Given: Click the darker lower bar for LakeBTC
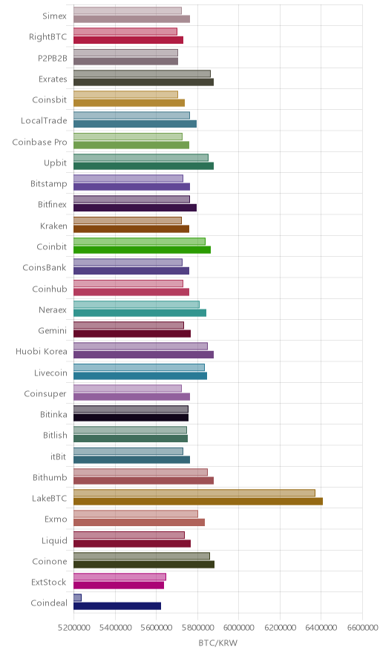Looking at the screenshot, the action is point(198,501).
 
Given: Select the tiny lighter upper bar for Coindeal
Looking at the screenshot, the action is point(77,597).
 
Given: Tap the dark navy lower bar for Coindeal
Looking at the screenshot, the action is point(117,606).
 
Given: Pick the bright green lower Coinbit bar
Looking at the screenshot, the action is point(142,250).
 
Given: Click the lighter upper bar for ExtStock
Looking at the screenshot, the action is point(119,577).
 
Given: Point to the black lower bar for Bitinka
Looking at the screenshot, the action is point(131,418).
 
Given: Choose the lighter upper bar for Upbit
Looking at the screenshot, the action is point(141,157).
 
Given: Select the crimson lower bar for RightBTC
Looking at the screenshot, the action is point(128,40).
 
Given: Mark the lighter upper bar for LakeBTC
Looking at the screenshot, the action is point(194,493).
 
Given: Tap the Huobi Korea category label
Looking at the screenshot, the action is point(41,352).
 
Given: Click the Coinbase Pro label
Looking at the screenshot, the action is point(39,142).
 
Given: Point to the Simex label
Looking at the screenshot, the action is point(54,16).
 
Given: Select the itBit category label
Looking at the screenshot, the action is point(58,456).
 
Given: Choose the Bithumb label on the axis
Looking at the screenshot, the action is point(50,477).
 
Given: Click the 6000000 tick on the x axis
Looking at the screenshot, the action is point(238,628).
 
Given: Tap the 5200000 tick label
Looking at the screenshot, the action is point(73,628).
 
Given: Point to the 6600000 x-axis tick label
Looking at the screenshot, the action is point(362,628).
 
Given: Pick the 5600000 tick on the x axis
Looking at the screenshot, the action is point(156,628).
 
